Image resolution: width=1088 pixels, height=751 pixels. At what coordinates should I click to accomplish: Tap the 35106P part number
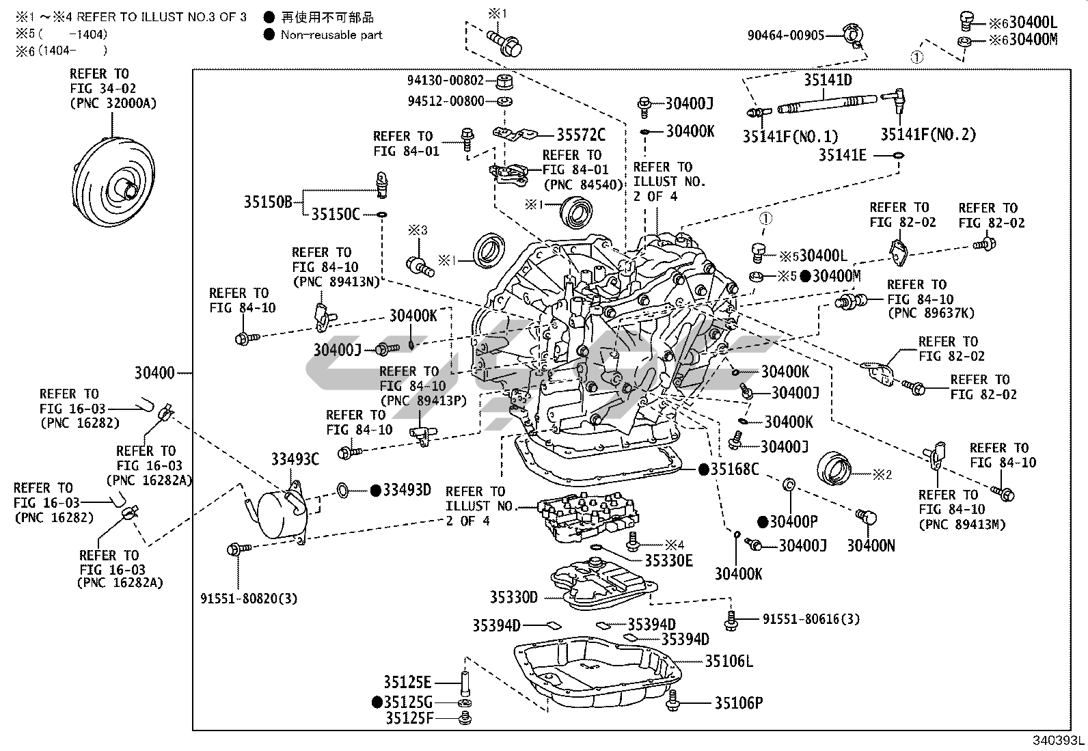tap(739, 702)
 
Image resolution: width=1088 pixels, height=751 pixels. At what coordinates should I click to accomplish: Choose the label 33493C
tap(295, 459)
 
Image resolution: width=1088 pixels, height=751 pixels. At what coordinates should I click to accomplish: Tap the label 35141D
tap(828, 81)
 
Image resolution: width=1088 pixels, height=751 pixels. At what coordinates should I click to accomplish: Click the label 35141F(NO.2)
tap(927, 135)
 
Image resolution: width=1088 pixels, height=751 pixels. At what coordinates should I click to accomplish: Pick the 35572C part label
tap(581, 135)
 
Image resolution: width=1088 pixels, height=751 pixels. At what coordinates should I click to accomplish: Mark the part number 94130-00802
tap(446, 81)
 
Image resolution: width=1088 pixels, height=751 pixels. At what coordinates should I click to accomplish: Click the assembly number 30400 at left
tap(154, 373)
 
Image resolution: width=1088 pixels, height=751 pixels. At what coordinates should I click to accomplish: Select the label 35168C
tap(735, 469)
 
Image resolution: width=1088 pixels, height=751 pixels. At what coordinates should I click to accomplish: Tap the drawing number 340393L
tap(1059, 741)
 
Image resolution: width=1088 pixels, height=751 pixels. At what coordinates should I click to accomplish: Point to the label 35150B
tap(268, 202)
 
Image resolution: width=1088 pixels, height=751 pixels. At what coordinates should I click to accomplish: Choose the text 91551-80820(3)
tap(249, 599)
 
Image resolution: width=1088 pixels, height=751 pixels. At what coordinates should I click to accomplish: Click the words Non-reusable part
tap(331, 35)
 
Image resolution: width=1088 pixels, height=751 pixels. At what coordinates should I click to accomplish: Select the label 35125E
tap(407, 682)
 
